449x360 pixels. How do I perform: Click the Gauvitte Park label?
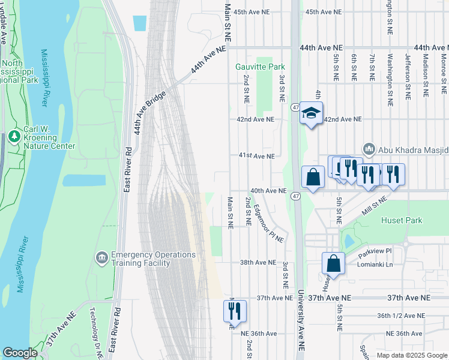tap(260, 67)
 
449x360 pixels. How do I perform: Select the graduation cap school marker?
tap(311, 113)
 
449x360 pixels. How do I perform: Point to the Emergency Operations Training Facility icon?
tap(101, 258)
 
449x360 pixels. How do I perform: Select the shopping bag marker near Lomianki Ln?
tap(333, 263)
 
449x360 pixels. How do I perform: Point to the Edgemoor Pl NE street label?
tap(268, 223)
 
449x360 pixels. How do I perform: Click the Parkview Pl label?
tap(375, 251)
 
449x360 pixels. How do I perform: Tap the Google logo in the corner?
tap(20, 353)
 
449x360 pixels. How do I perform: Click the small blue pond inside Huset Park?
tap(349, 241)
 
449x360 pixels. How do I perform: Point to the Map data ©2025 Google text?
tap(411, 355)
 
